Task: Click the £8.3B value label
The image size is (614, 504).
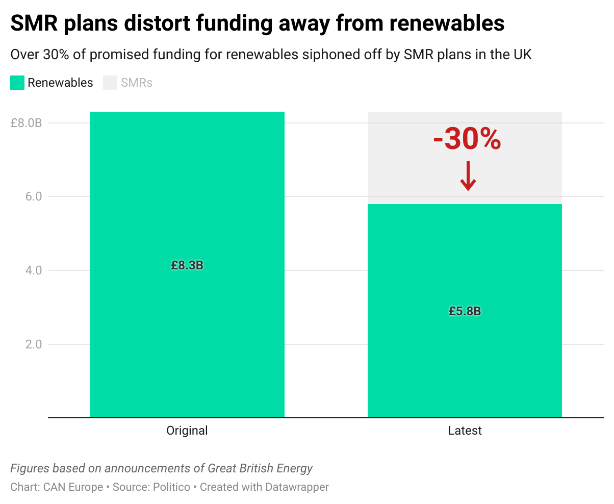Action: pos(187,265)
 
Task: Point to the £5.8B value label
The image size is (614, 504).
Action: pos(465,311)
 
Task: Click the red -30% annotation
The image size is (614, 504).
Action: pos(467,139)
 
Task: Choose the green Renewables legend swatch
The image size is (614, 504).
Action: pos(17,83)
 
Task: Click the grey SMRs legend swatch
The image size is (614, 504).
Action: pos(110,83)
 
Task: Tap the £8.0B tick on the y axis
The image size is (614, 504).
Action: pos(26,123)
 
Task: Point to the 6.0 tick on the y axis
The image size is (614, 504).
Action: pos(34,196)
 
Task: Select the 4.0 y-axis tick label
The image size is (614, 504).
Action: pos(34,270)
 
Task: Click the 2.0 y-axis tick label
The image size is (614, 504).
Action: pos(34,344)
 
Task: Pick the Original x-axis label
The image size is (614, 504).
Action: pos(187,431)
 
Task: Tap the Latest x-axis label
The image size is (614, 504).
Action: pos(465,431)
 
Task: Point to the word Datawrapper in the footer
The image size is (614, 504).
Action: pos(297,487)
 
